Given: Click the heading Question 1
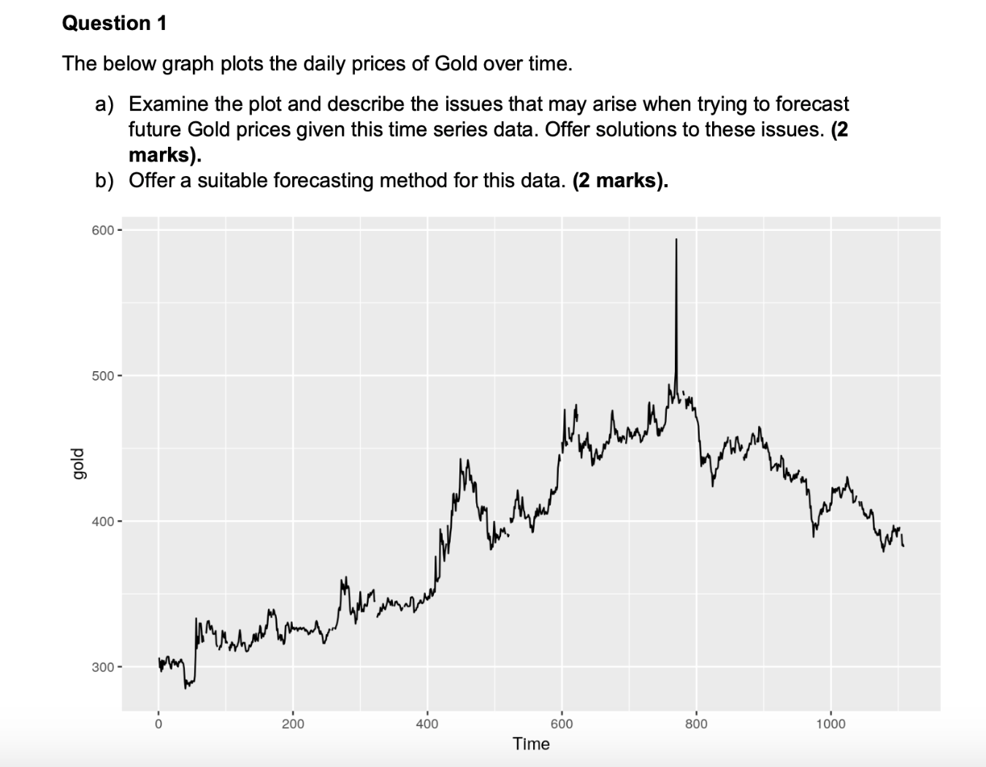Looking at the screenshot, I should pyautogui.click(x=115, y=23).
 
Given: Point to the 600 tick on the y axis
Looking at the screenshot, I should pyautogui.click(x=103, y=230).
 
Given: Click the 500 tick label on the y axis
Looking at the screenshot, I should pyautogui.click(x=103, y=376).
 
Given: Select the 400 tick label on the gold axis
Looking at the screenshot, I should pyautogui.click(x=103, y=522).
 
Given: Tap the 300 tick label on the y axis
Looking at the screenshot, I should pyautogui.click(x=103, y=667).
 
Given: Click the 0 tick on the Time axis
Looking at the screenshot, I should pyautogui.click(x=158, y=724).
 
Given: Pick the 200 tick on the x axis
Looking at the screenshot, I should pyautogui.click(x=293, y=724).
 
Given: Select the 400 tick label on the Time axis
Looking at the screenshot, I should pyautogui.click(x=427, y=724).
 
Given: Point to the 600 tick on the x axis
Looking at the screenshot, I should pyautogui.click(x=562, y=724).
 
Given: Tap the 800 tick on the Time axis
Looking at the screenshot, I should pyautogui.click(x=696, y=724).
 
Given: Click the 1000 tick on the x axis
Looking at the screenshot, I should pyautogui.click(x=830, y=724).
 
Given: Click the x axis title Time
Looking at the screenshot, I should pyautogui.click(x=531, y=744).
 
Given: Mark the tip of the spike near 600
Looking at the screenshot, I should pyautogui.click(x=676, y=239).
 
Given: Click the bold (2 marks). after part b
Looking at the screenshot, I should pyautogui.click(x=620, y=180).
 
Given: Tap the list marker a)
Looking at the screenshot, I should pyautogui.click(x=105, y=104).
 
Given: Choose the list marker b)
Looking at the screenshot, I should pyautogui.click(x=105, y=180).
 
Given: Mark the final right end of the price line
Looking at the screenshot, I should pyautogui.click(x=903, y=546).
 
